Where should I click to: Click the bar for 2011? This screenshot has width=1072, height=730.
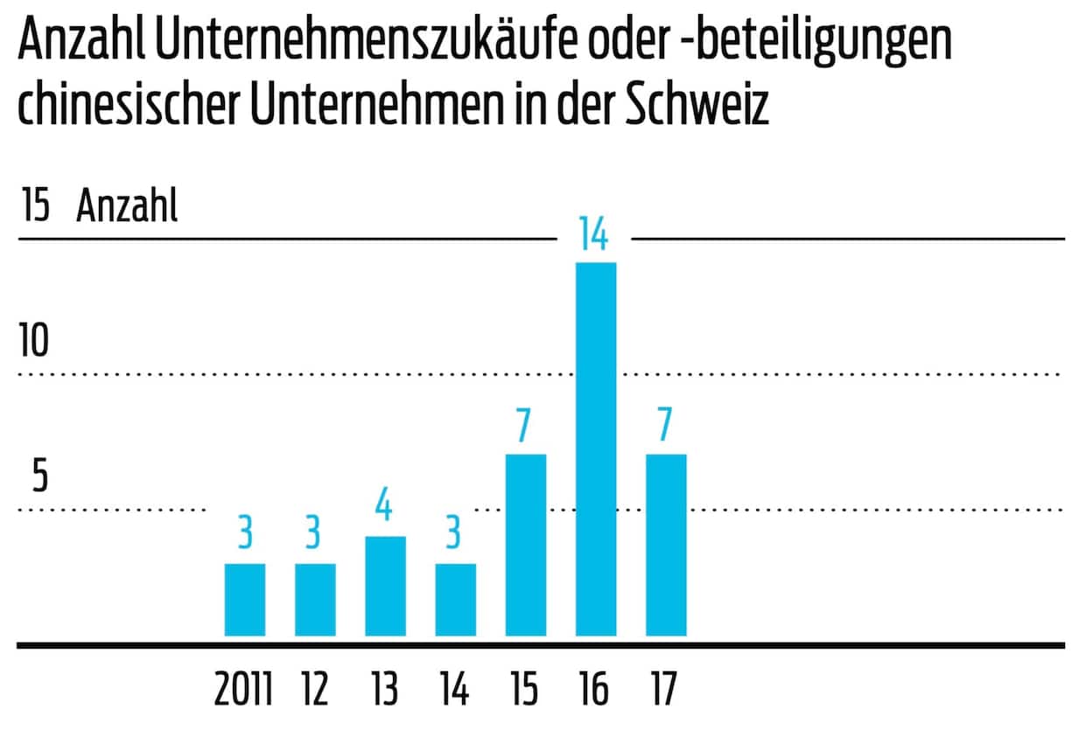point(245,600)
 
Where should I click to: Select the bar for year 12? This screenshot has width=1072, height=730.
point(315,600)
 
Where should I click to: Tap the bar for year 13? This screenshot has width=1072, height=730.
point(385,586)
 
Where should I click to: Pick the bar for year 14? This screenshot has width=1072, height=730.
point(455,600)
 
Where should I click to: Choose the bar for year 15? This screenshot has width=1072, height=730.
point(525,545)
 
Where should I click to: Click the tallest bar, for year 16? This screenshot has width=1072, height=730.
point(595,448)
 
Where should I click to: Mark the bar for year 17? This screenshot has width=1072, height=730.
point(665,545)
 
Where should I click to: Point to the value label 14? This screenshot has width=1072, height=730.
point(593,235)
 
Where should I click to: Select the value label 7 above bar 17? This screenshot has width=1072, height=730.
point(665,426)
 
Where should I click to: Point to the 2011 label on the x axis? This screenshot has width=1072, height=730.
point(244,690)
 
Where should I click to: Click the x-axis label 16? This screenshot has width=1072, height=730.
point(593,690)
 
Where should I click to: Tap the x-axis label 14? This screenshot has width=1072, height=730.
point(453,690)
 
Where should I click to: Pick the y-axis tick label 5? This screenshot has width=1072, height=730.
point(39,477)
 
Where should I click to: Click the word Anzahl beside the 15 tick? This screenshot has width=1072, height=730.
point(127,207)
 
